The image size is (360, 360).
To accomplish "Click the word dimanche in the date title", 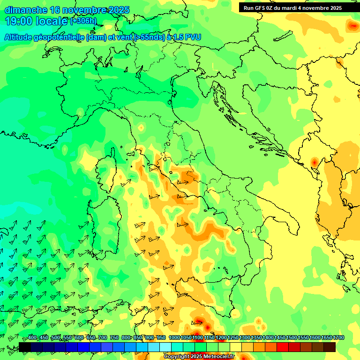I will (x=25, y=10).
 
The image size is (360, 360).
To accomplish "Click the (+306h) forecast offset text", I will (x=83, y=21).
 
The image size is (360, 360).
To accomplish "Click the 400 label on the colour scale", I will (x=32, y=338).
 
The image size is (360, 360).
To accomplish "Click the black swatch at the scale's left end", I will (x=24, y=347).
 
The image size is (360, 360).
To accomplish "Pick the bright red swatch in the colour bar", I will (x=282, y=347).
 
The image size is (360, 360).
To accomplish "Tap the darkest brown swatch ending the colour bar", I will (x=330, y=347).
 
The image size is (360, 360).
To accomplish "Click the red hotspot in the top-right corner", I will (x=352, y=25).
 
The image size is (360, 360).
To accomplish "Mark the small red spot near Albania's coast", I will (x=314, y=163).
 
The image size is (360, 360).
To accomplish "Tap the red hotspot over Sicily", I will (x=198, y=322).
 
